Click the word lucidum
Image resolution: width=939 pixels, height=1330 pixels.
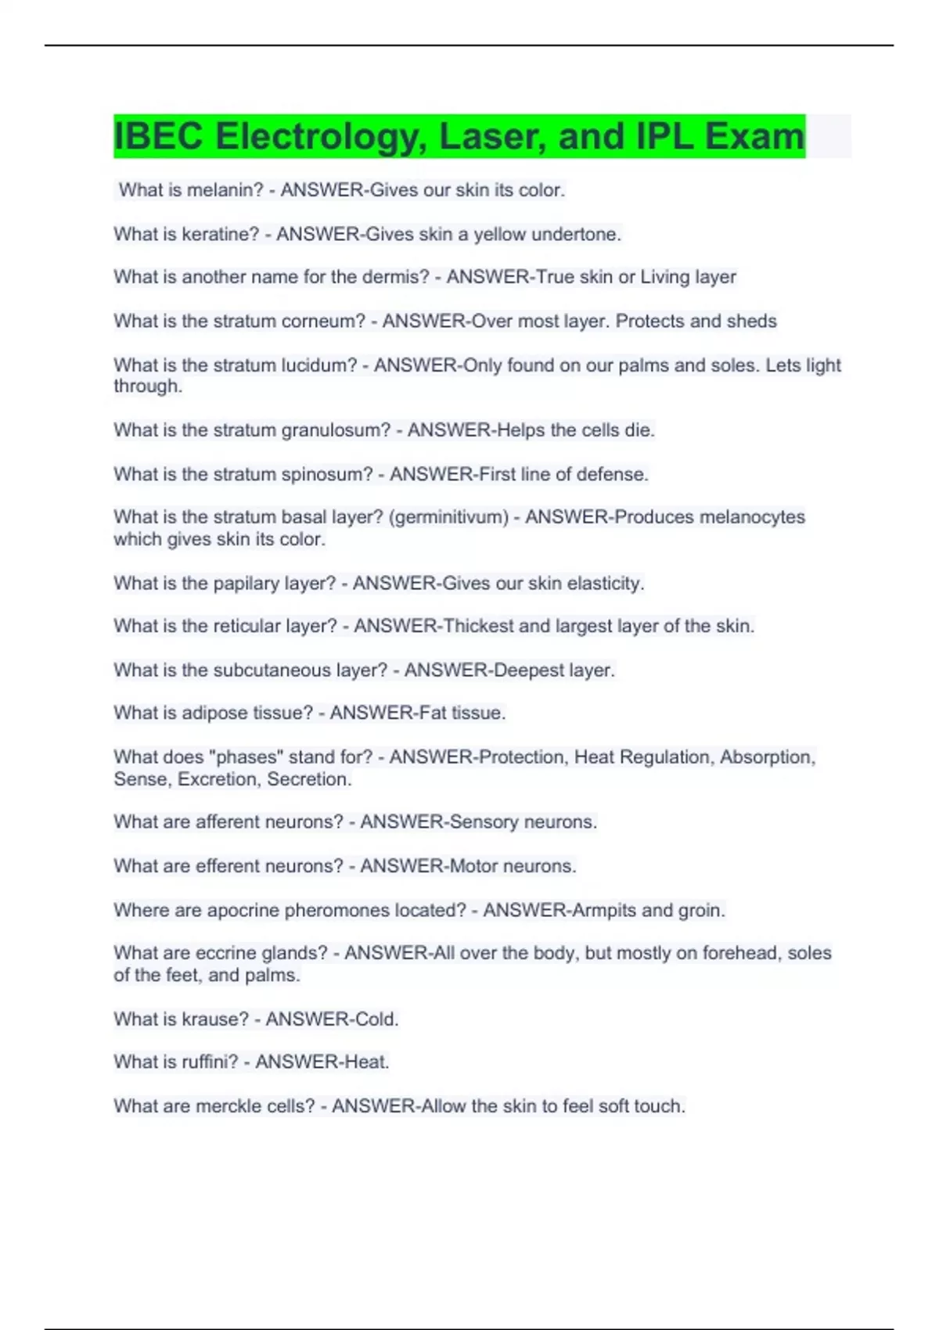(x=318, y=365)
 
